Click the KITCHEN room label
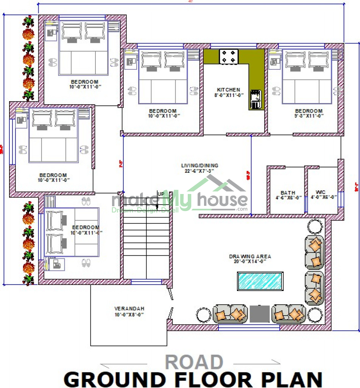tap(229, 90)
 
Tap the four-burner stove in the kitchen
tap(229, 56)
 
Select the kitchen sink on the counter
tap(255, 99)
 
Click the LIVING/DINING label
tap(199, 166)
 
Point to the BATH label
tap(288, 193)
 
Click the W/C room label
tap(320, 192)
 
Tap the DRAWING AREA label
tap(250, 257)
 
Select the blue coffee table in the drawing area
tap(260, 281)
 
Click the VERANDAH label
tap(129, 309)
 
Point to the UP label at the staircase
tap(161, 194)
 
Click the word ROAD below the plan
tap(194, 363)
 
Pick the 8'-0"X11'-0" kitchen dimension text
tap(229, 95)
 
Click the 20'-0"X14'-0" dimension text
tap(250, 261)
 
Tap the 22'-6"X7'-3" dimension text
tap(199, 171)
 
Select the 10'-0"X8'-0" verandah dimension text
tap(129, 314)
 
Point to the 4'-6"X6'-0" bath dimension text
tap(288, 198)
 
